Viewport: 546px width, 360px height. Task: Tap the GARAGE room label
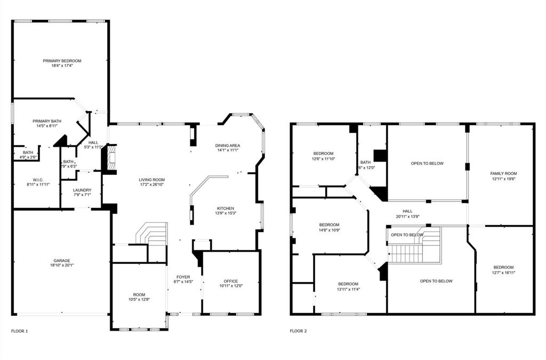(x=62, y=261)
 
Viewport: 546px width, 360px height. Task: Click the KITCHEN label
(x=225, y=209)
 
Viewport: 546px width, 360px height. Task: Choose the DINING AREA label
(x=228, y=146)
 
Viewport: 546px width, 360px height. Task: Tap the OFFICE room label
(x=231, y=281)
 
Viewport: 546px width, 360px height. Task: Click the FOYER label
(x=183, y=277)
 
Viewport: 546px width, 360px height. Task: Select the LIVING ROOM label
(x=152, y=180)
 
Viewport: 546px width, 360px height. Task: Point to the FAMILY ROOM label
(x=503, y=173)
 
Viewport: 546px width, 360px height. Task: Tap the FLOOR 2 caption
(x=298, y=331)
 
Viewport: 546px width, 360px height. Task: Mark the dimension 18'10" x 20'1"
(x=62, y=266)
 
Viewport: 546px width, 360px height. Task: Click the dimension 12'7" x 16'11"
(x=503, y=273)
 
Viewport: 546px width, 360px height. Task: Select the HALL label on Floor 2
(x=407, y=211)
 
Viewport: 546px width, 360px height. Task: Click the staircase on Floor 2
(x=414, y=251)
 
